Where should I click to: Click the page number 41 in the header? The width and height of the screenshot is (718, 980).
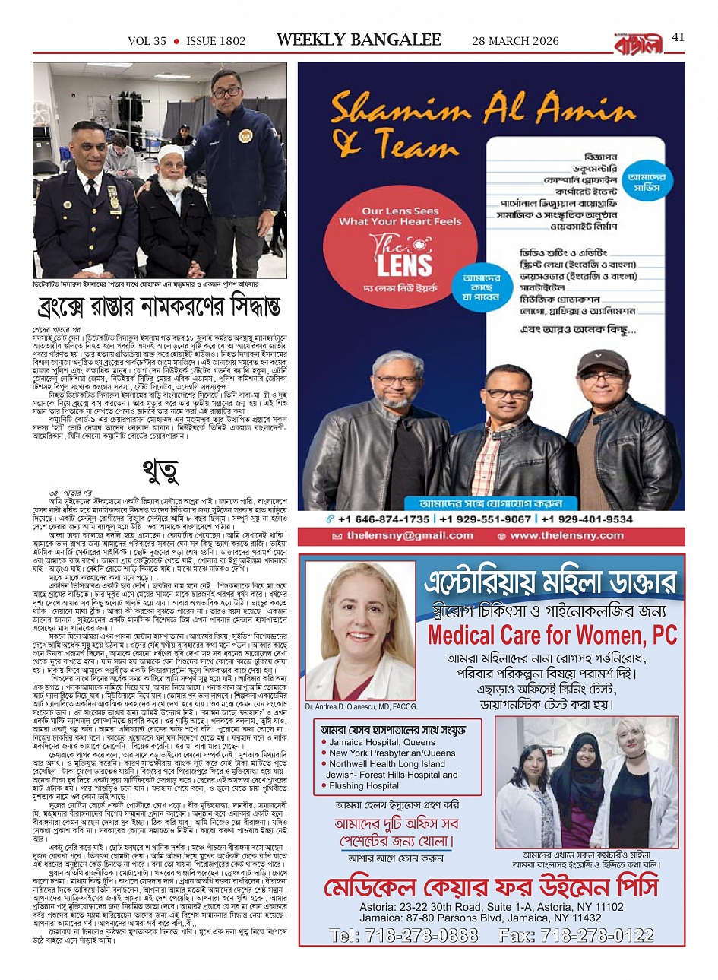678,37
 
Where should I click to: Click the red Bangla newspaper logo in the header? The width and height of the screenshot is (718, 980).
639,42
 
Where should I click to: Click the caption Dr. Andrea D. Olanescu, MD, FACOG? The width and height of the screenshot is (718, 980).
360,706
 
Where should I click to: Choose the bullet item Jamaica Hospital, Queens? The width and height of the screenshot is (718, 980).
381,742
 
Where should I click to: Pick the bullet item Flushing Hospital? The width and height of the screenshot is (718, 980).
363,786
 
